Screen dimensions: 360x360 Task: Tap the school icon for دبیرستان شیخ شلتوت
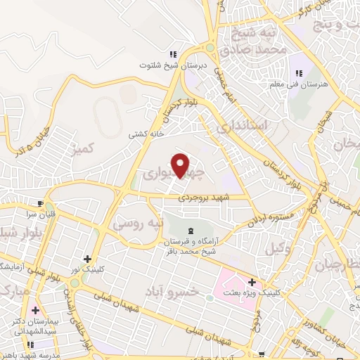pyautogui.click(x=172, y=56)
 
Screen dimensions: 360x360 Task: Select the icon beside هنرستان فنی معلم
pyautogui.click(x=299, y=73)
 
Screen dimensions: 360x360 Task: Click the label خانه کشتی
pyautogui.click(x=146, y=134)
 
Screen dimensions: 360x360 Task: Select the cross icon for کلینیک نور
pyautogui.click(x=87, y=259)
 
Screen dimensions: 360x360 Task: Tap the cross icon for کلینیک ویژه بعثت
pyautogui.click(x=252, y=281)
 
